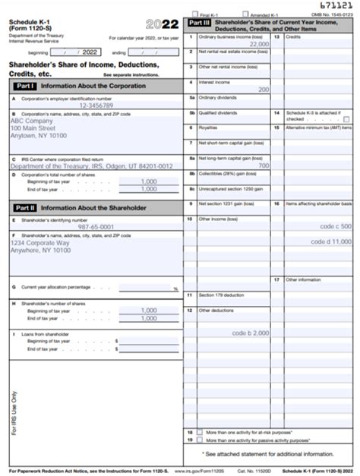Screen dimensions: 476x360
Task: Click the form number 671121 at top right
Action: coord(336,5)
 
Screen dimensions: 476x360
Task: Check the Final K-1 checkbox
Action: coord(196,14)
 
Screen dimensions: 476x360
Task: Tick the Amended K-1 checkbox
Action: coord(245,14)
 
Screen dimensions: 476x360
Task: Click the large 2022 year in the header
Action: coord(162,24)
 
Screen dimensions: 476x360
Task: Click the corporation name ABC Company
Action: coord(31,121)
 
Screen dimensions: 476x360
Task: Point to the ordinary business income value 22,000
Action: coord(258,44)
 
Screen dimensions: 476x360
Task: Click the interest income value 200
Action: coord(264,90)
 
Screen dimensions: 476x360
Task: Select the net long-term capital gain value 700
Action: coord(264,165)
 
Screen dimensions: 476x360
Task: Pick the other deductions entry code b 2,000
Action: coord(251,333)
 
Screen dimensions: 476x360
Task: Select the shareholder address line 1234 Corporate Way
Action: coord(35,242)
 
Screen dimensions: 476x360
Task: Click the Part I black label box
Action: coord(21,86)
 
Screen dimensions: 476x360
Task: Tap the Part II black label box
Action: coord(22,207)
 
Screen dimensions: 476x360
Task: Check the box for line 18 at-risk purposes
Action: coord(200,431)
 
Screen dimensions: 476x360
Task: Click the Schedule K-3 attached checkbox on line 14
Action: coord(346,119)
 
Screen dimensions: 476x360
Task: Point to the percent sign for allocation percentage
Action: coord(175,289)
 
